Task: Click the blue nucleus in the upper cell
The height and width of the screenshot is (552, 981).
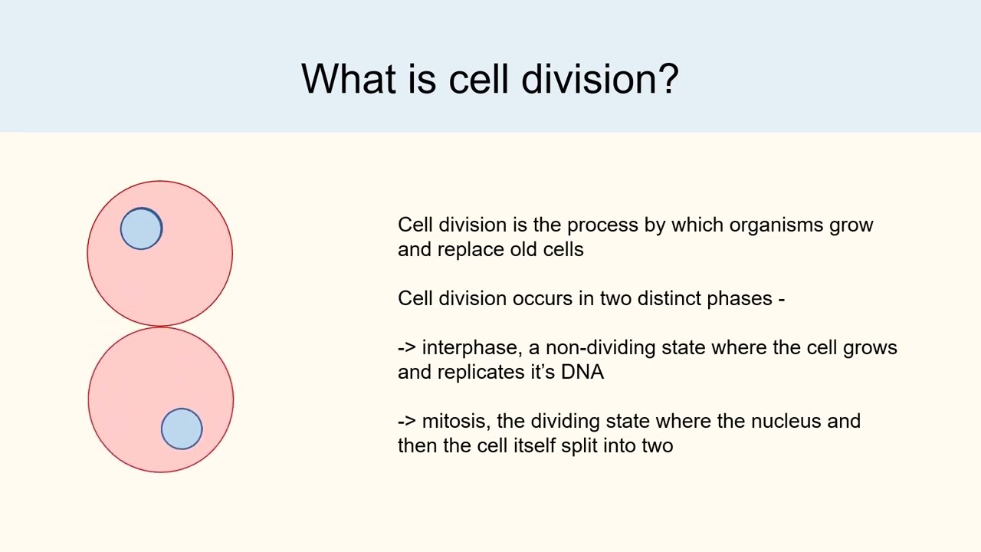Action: [142, 228]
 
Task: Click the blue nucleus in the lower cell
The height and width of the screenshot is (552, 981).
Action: [182, 429]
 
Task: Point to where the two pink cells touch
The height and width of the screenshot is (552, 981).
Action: [160, 327]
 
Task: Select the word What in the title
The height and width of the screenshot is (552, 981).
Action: [349, 79]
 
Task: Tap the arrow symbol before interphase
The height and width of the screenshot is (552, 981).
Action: [406, 348]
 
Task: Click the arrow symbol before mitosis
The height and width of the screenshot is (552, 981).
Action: [406, 422]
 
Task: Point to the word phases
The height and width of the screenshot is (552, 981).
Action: [740, 299]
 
